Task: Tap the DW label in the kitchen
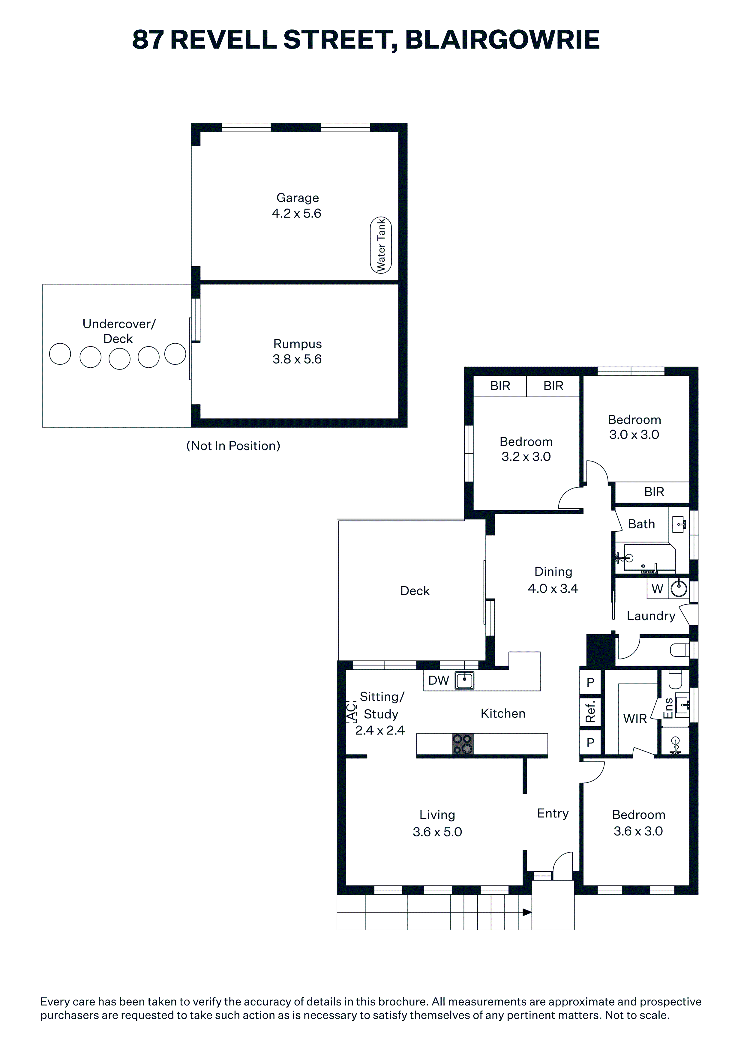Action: pos(439,680)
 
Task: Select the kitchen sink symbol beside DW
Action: pos(464,680)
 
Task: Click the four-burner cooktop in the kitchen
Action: pos(463,744)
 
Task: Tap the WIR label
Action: pos(635,719)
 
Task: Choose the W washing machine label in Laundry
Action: pos(657,589)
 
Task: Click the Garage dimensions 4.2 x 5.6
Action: pos(297,214)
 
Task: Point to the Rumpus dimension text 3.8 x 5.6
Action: pos(297,359)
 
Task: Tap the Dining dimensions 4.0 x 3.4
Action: pos(553,588)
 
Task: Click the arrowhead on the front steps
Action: pos(527,912)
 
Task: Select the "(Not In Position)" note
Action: pos(233,446)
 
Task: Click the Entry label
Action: pos(553,813)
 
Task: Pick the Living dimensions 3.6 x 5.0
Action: pos(437,832)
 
